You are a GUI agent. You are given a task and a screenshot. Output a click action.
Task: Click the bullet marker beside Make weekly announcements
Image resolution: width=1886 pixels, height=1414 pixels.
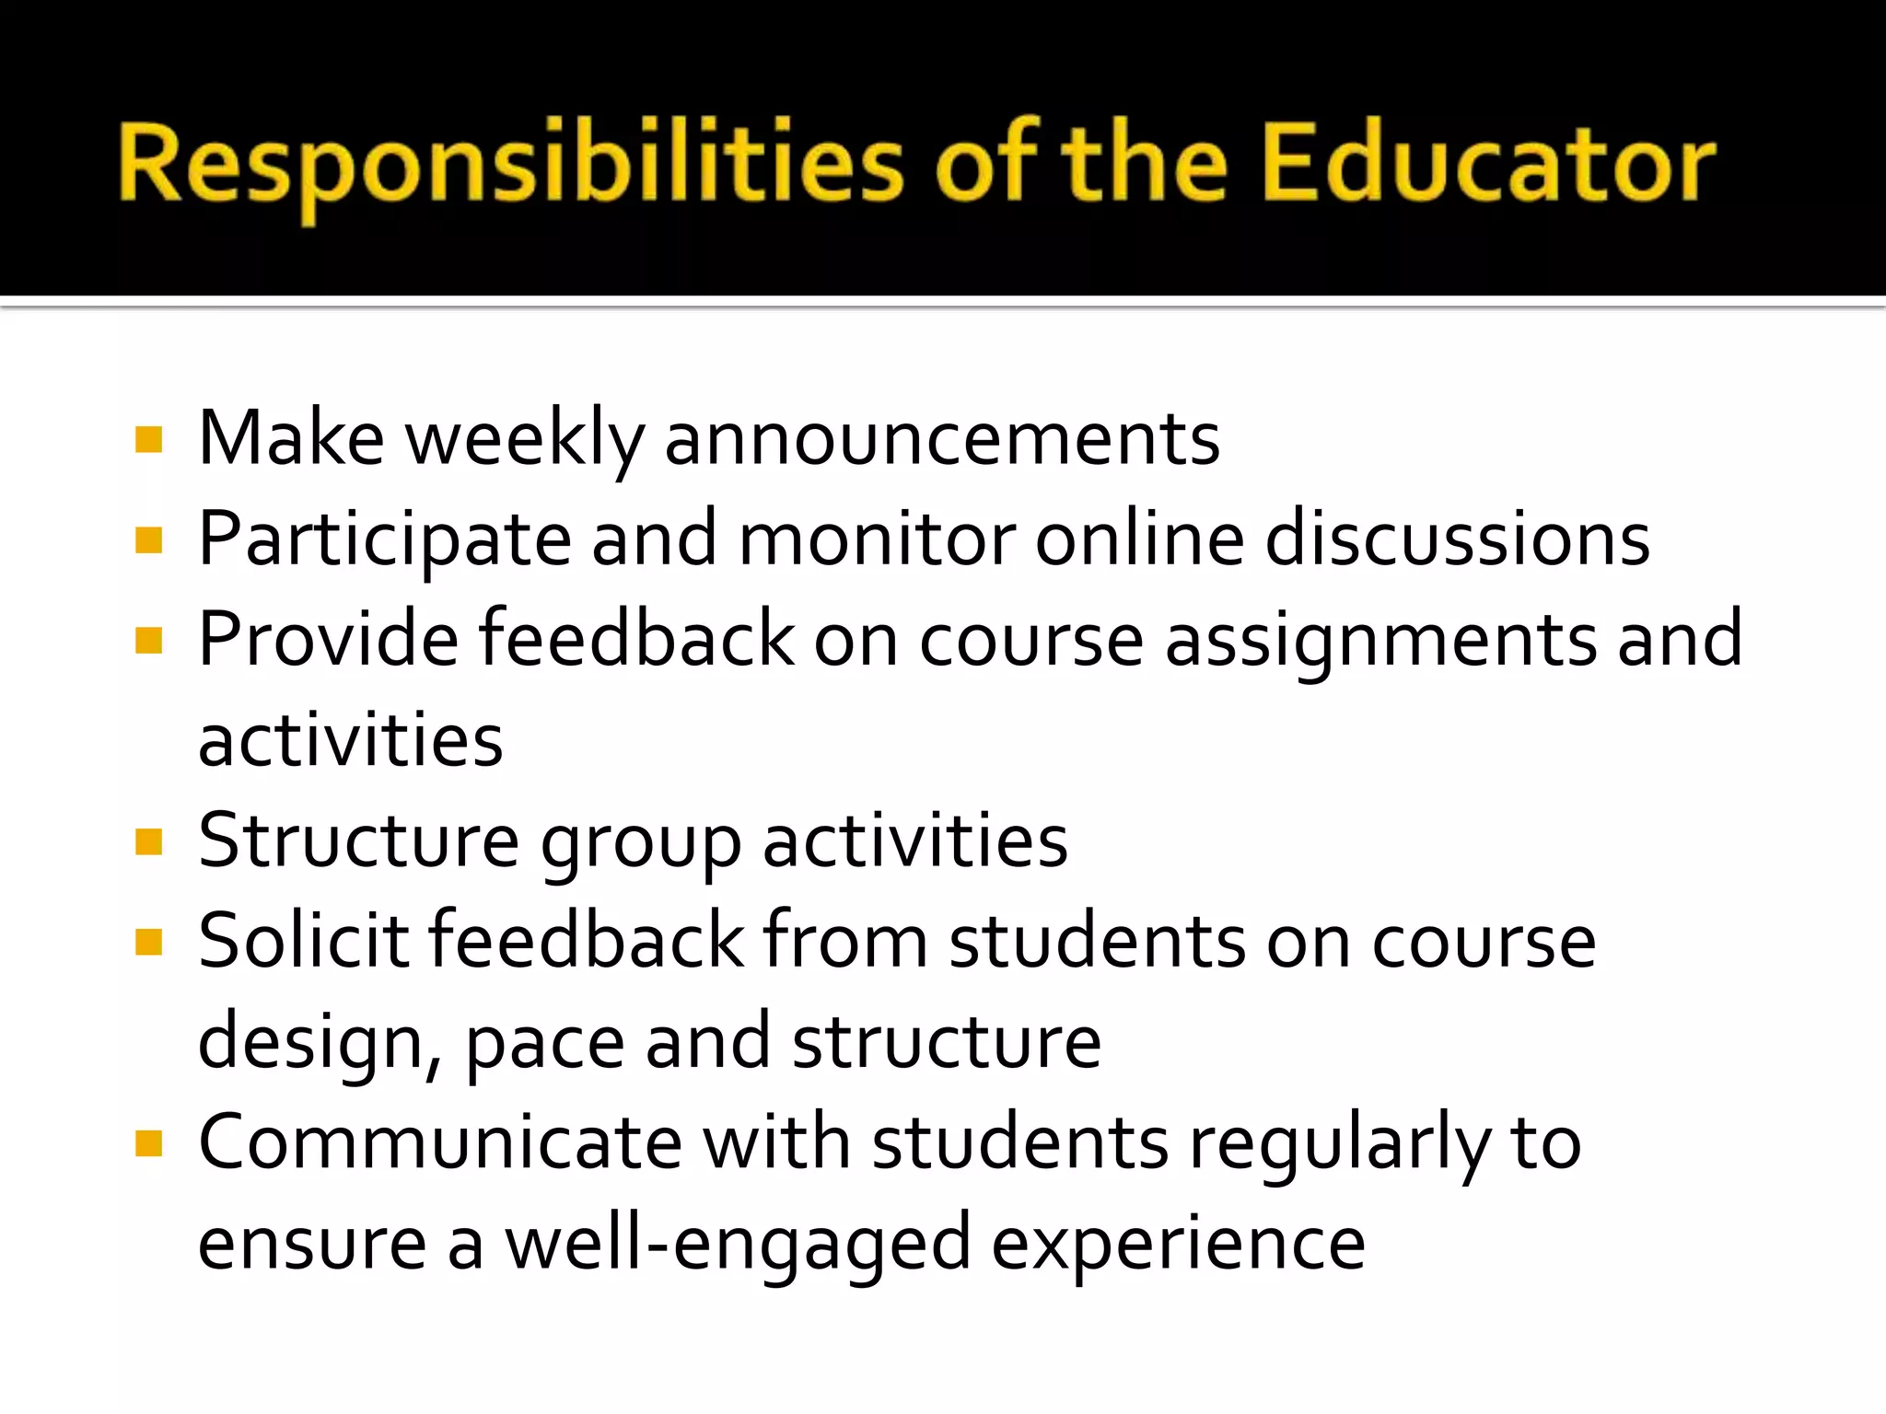tap(148, 440)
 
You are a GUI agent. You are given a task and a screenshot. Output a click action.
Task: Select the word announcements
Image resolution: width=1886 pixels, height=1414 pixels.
tap(942, 440)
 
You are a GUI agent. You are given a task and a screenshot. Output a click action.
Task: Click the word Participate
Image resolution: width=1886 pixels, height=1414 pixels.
tap(385, 540)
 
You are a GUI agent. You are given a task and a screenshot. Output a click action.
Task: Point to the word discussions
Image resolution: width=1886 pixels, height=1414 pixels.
tap(1457, 540)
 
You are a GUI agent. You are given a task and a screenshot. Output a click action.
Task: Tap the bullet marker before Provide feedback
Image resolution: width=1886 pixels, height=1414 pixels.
tap(148, 641)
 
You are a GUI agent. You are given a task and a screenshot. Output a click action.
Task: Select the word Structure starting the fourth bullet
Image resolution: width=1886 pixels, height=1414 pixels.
tap(358, 841)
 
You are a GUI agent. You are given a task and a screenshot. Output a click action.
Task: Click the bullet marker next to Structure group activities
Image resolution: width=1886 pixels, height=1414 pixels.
tap(148, 841)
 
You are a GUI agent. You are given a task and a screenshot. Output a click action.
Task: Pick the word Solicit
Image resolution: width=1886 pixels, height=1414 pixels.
tap(303, 942)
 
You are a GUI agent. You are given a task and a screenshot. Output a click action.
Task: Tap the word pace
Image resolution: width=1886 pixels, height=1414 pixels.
tap(544, 1043)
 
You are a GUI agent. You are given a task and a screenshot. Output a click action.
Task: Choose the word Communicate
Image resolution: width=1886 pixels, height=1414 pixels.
tap(440, 1143)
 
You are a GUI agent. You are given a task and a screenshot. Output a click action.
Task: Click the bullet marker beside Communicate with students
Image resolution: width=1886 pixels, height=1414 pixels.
tap(148, 1143)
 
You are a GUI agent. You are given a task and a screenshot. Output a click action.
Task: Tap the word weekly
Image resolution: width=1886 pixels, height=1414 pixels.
tap(525, 440)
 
